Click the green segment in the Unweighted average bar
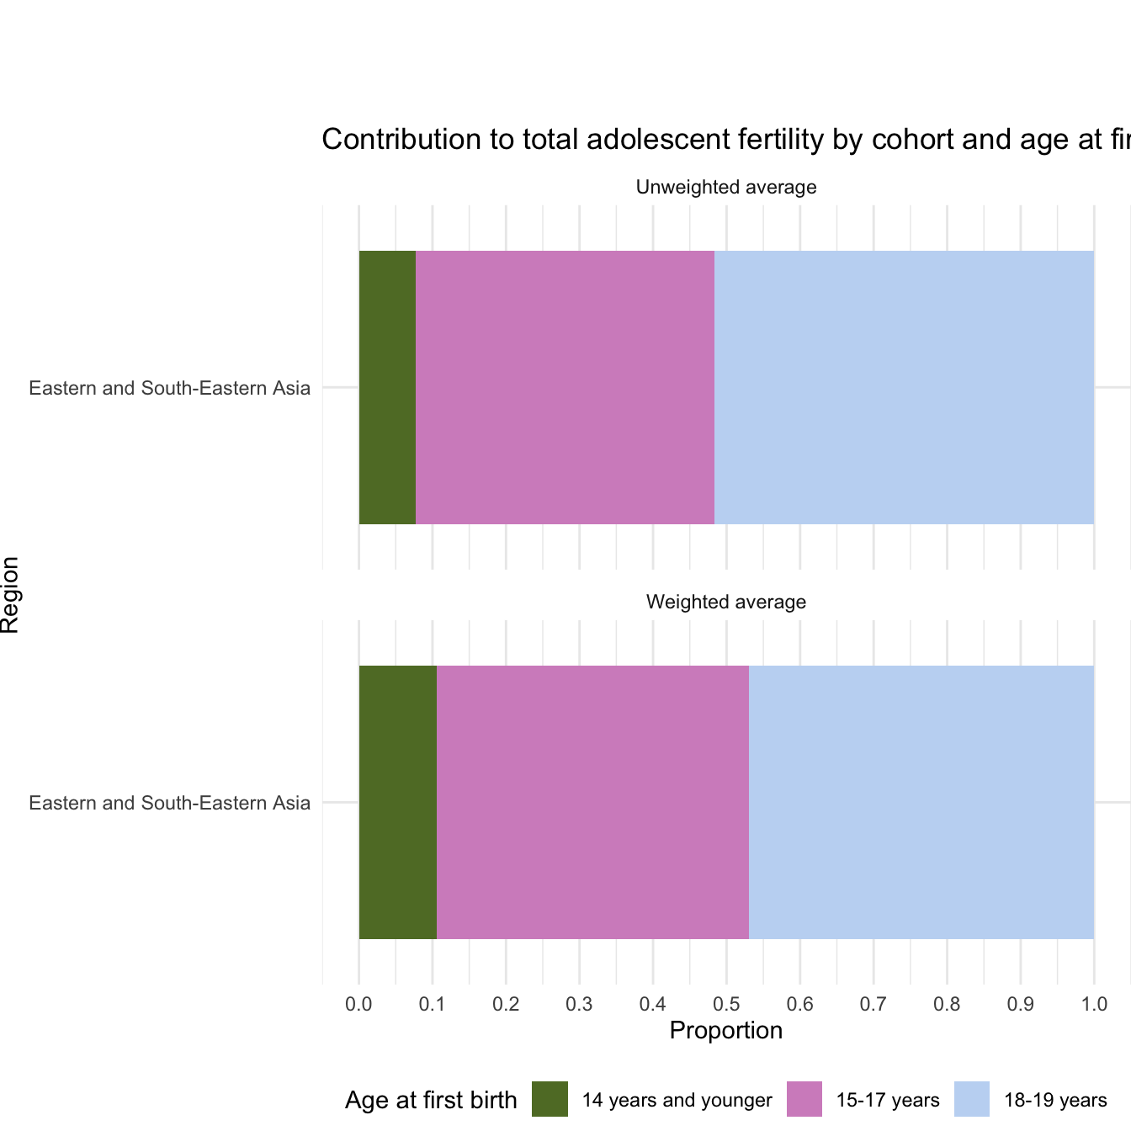click(387, 387)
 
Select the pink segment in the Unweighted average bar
click(565, 387)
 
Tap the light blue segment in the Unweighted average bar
click(904, 387)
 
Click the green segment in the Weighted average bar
click(398, 802)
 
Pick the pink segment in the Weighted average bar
click(592, 802)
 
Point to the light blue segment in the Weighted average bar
click(921, 802)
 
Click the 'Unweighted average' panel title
click(726, 187)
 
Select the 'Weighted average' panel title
click(726, 602)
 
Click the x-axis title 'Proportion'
click(726, 1030)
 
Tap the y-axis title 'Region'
click(10, 594)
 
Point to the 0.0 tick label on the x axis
click(358, 1004)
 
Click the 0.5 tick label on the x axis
click(726, 1004)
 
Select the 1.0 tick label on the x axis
click(1094, 1004)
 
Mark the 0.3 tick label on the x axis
click(579, 1004)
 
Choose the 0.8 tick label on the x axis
click(947, 1004)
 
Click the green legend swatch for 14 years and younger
click(550, 1099)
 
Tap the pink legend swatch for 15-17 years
click(804, 1099)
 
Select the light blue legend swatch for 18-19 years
click(972, 1099)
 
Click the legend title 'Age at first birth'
click(431, 1100)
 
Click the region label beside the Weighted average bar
click(170, 803)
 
